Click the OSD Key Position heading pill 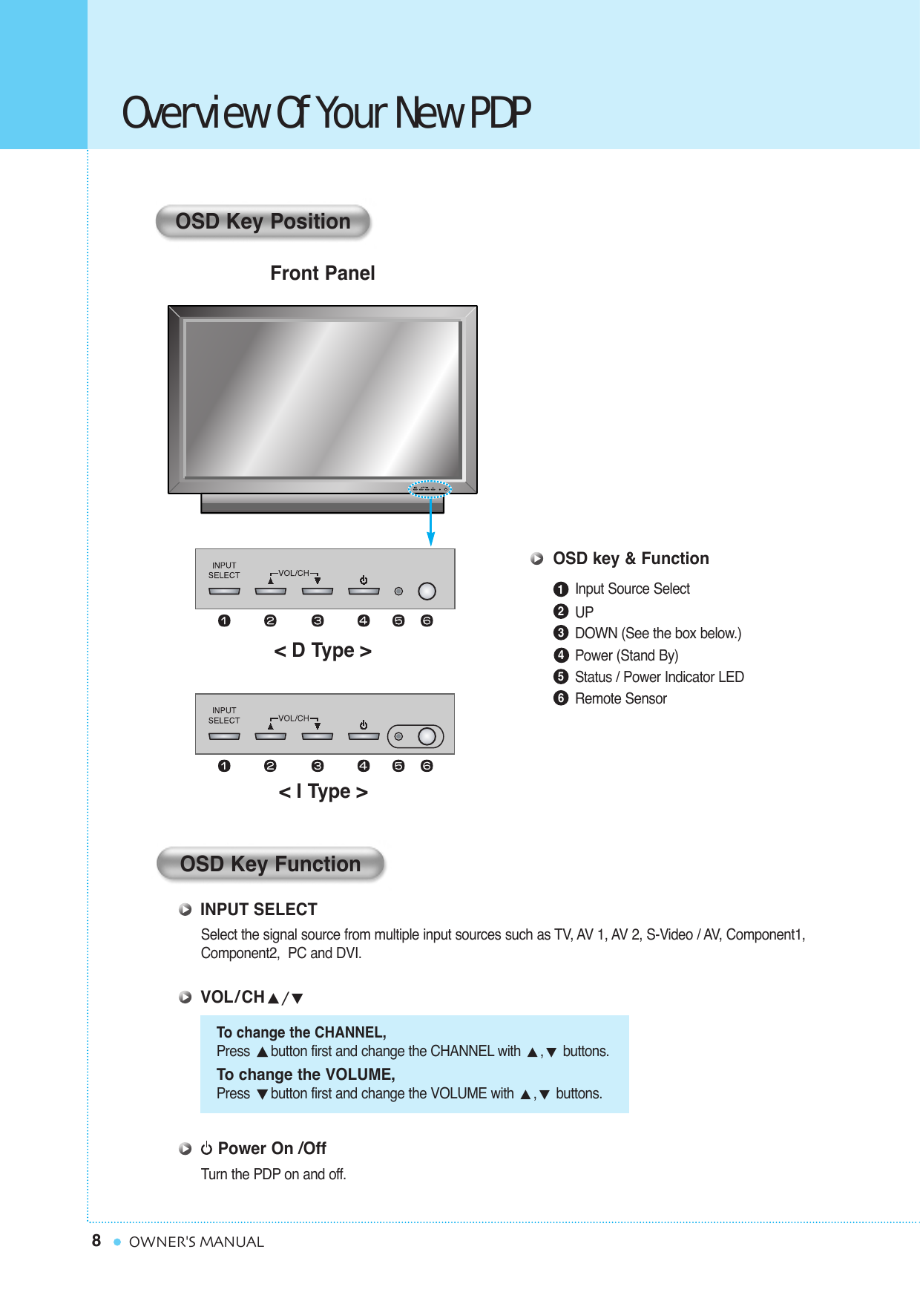tap(263, 221)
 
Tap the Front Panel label tap(322, 273)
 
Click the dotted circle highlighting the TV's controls tap(430, 488)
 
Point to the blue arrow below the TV tap(430, 523)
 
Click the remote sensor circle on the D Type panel tap(427, 591)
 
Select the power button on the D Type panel tap(364, 591)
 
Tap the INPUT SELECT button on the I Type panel tap(224, 736)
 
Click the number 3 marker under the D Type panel tap(318, 620)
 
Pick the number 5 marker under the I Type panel tap(398, 766)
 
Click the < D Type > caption tap(323, 651)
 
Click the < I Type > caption tap(323, 792)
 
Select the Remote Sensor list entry tap(620, 698)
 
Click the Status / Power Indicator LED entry tap(659, 677)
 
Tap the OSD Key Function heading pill tap(270, 864)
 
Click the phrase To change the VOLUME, tap(306, 1075)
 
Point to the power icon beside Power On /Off tap(207, 1149)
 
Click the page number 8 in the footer tap(96, 1241)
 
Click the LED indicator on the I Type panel tap(398, 736)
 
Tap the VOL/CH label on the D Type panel tap(294, 573)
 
